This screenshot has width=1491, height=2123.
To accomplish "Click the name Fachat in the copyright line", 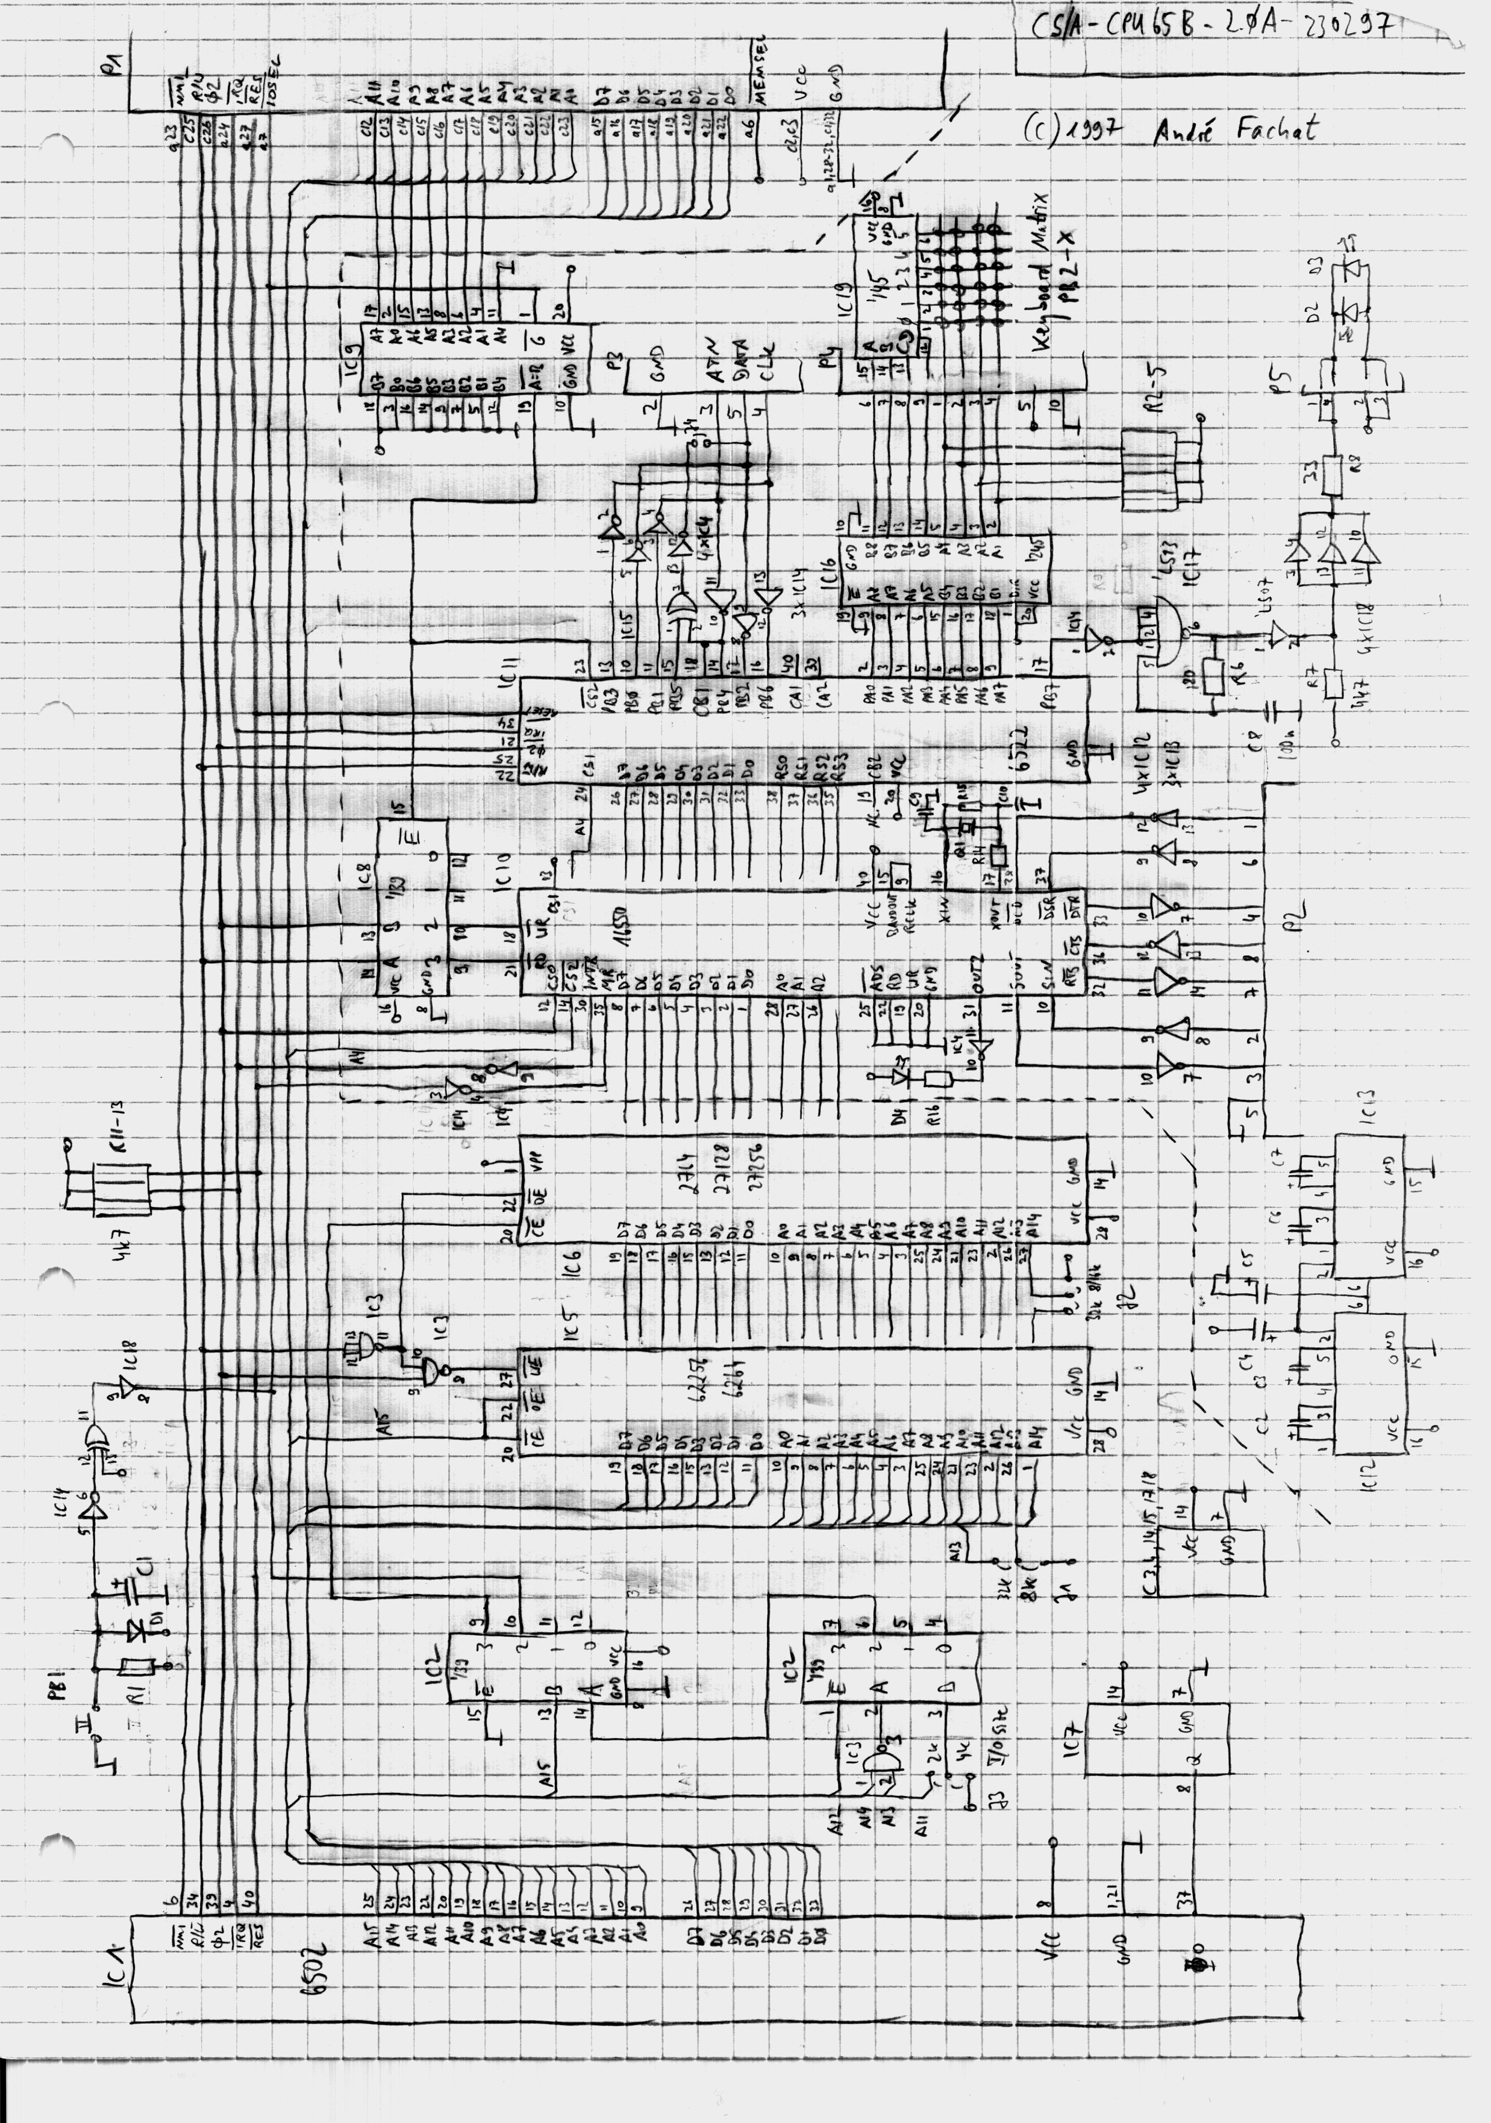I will (1277, 130).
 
